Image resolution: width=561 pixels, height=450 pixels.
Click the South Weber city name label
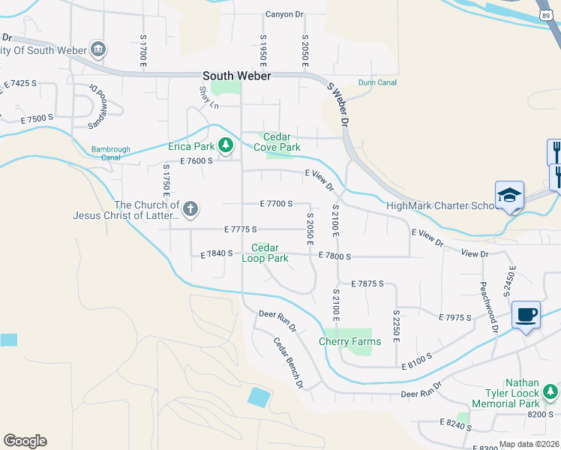point(237,76)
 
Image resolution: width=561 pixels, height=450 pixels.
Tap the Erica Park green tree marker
point(225,145)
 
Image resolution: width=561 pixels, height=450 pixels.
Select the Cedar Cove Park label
point(276,142)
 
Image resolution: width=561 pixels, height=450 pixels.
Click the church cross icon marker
point(190,209)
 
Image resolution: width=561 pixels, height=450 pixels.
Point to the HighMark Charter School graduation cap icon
point(508,195)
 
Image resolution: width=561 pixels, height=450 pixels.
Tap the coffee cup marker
point(526,314)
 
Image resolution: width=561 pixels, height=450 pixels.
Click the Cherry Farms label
point(349,341)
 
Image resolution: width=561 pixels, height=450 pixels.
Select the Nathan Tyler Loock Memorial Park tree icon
point(551,391)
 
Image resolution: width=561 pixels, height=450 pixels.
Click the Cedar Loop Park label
point(265,253)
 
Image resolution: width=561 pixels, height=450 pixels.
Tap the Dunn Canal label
point(376,82)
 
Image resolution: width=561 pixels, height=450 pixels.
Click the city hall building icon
point(97,50)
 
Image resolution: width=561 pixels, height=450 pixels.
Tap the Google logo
point(25,441)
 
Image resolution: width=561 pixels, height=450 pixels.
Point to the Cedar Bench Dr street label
point(287,364)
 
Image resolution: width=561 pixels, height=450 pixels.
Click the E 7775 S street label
point(240,229)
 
